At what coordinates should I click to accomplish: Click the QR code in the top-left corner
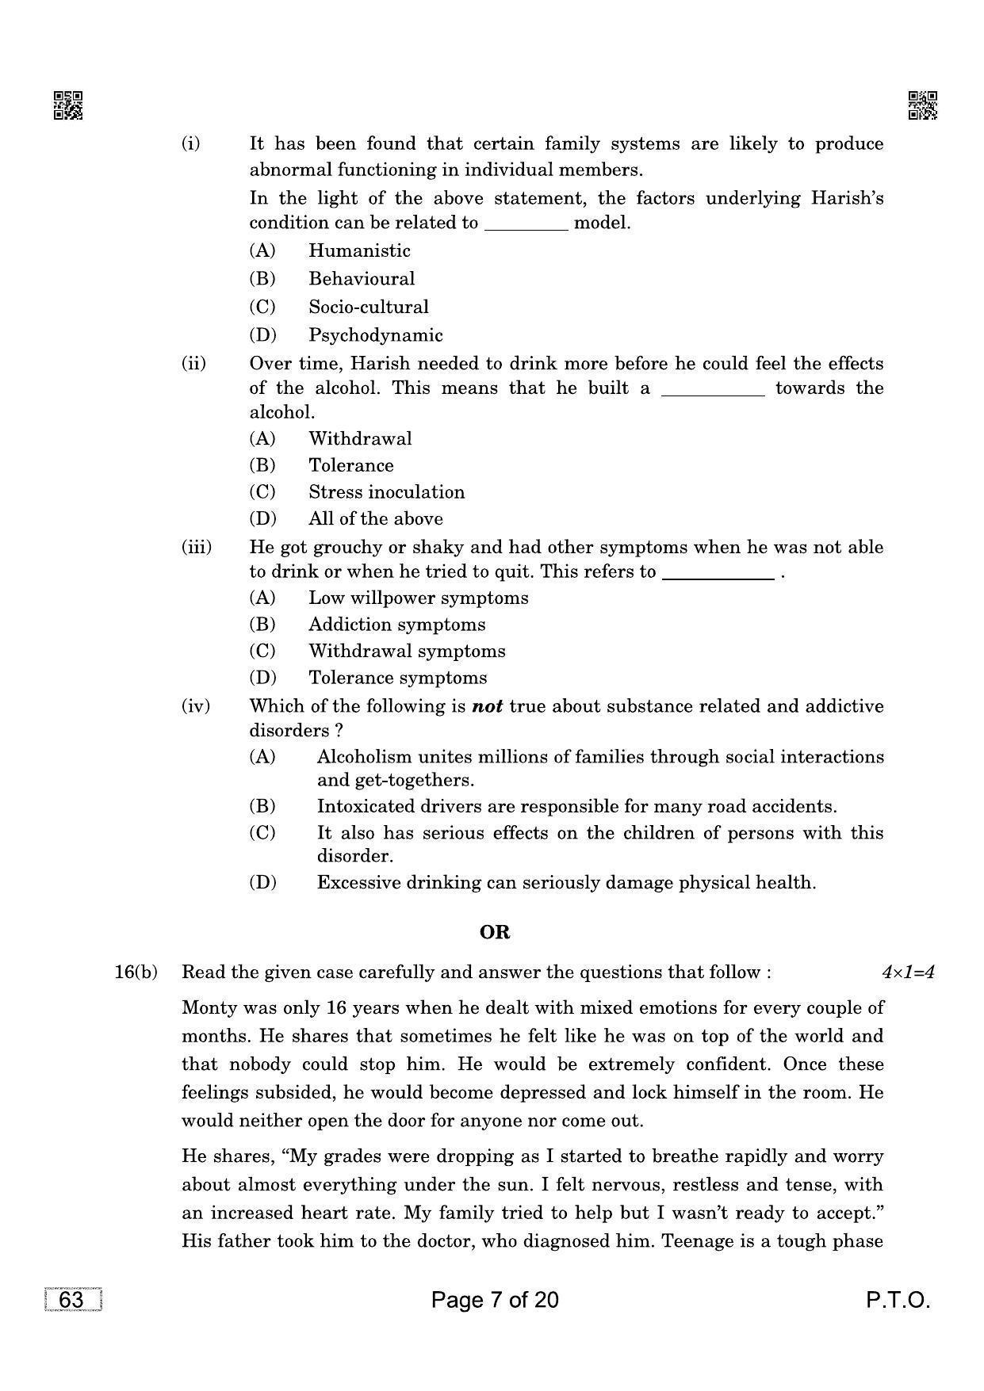tap(67, 105)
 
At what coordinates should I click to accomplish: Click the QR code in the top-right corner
tap(922, 105)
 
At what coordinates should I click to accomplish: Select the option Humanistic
tap(359, 251)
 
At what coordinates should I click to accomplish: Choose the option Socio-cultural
tap(368, 308)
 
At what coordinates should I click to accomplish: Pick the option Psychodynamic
tap(375, 335)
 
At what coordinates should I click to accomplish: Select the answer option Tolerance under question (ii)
tap(350, 466)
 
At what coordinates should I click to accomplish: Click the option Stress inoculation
tap(386, 492)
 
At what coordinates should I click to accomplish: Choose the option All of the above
tap(375, 519)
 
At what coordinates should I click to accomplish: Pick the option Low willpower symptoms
tap(418, 598)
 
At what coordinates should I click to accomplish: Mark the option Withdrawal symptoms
tap(406, 652)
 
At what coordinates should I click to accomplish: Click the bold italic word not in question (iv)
tap(487, 706)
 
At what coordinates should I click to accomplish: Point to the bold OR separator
tap(495, 933)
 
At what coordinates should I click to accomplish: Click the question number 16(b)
tap(136, 973)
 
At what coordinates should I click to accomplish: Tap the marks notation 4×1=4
tap(908, 973)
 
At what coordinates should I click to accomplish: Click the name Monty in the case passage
tap(208, 1008)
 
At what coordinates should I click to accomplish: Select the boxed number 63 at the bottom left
tap(71, 1301)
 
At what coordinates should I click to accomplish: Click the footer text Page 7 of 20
tap(495, 1301)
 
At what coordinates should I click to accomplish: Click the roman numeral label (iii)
tap(197, 548)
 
